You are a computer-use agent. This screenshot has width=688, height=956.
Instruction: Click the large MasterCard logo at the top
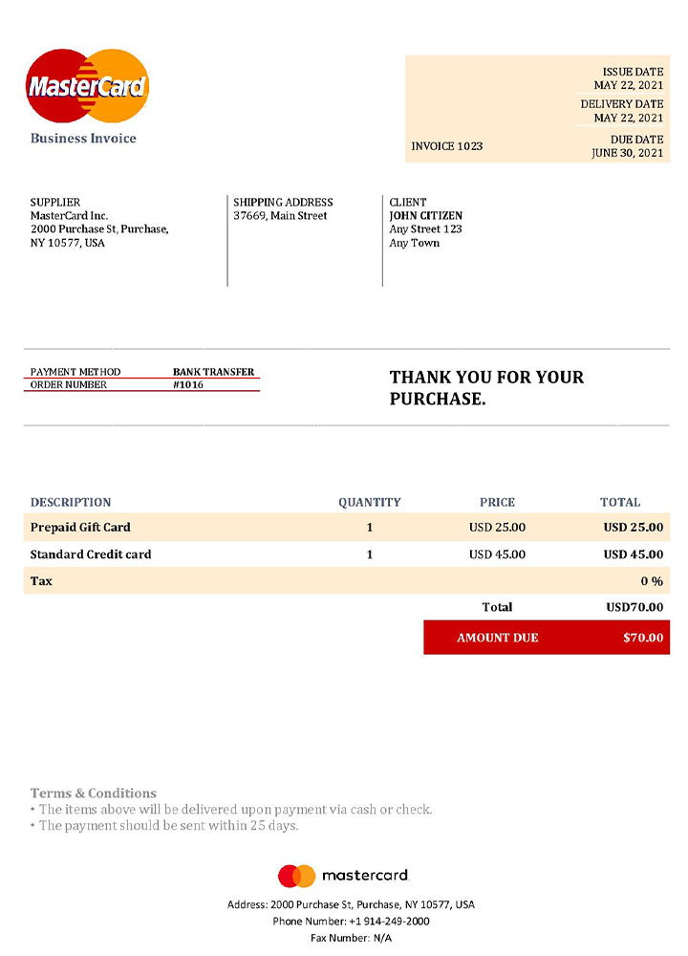click(87, 87)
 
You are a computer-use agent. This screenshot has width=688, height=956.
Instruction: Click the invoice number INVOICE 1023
click(446, 146)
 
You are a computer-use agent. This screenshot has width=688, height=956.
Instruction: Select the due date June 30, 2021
click(627, 153)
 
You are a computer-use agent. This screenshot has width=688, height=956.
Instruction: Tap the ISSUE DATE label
click(633, 73)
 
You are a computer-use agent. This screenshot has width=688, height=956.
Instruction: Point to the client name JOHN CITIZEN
click(425, 216)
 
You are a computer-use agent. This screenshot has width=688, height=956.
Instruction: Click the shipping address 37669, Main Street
click(280, 216)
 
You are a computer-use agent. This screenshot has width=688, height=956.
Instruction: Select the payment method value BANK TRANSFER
click(213, 372)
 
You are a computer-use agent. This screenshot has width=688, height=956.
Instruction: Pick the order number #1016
click(188, 385)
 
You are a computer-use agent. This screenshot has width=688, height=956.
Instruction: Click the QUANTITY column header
click(369, 502)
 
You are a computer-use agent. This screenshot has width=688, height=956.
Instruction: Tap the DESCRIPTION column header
click(71, 502)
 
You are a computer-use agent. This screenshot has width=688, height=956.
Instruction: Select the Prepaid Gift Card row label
click(80, 527)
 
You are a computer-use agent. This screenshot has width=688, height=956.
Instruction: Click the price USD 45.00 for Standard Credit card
click(497, 554)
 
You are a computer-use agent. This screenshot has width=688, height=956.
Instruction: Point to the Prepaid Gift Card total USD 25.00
click(633, 527)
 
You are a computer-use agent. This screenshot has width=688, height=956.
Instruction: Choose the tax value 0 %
click(652, 581)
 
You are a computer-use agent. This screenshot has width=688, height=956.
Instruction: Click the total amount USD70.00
click(634, 607)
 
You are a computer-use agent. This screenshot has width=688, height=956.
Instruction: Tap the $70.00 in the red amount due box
click(643, 638)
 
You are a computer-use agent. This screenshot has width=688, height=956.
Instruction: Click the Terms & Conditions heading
click(93, 793)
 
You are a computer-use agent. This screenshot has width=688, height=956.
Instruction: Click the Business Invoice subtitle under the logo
click(83, 139)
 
